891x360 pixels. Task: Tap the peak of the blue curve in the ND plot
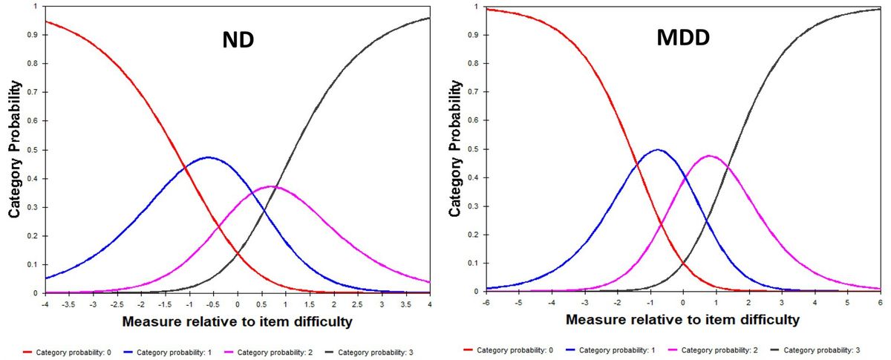[209, 157]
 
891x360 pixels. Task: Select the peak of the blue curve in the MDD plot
[659, 150]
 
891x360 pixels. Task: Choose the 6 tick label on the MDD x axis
[880, 303]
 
